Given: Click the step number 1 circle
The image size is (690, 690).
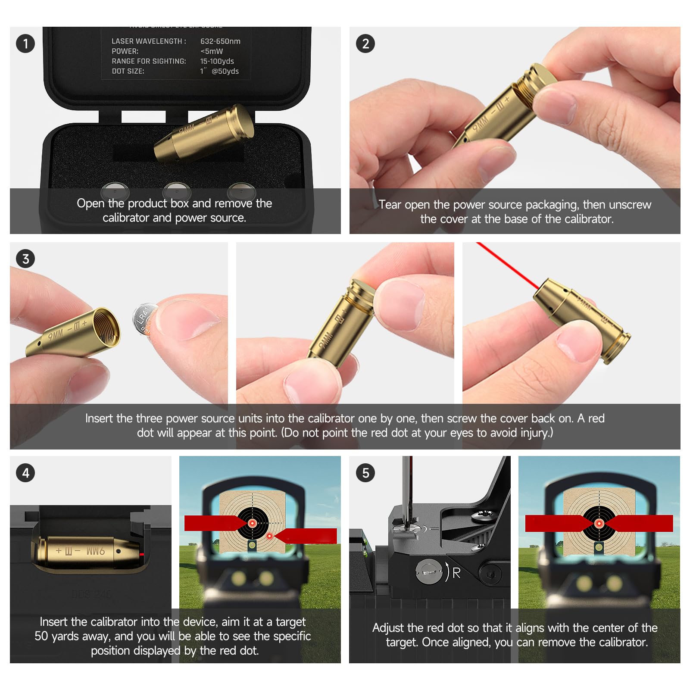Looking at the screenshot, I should pos(25,44).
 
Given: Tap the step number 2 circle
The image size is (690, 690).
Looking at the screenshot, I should pos(365,44).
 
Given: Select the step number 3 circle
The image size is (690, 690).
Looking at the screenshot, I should pos(25,259).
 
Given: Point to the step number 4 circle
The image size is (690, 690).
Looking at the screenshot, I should pos(25,473).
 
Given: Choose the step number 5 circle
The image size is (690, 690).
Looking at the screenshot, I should pos(365,473).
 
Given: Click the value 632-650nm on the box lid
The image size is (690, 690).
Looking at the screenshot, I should pos(220,41).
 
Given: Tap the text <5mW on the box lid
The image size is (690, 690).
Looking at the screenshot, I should pos(211,51).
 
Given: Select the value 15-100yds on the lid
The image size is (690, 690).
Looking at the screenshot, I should pos(217,61).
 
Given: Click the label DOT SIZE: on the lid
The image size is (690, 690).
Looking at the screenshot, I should pos(128,71).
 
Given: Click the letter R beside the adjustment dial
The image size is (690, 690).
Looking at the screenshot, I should pos(456,573).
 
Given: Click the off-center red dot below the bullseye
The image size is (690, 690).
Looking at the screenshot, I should pos(269,536).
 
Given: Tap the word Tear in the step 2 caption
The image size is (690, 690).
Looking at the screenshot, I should pos(390,205).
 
